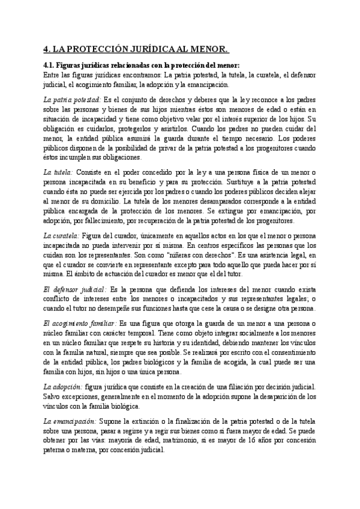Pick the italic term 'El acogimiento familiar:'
pos(80,324)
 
